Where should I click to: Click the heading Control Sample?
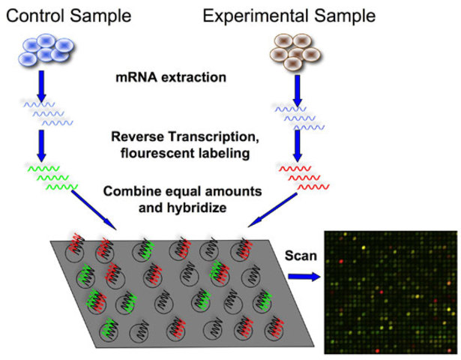(71, 15)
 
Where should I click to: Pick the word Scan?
(300, 256)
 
